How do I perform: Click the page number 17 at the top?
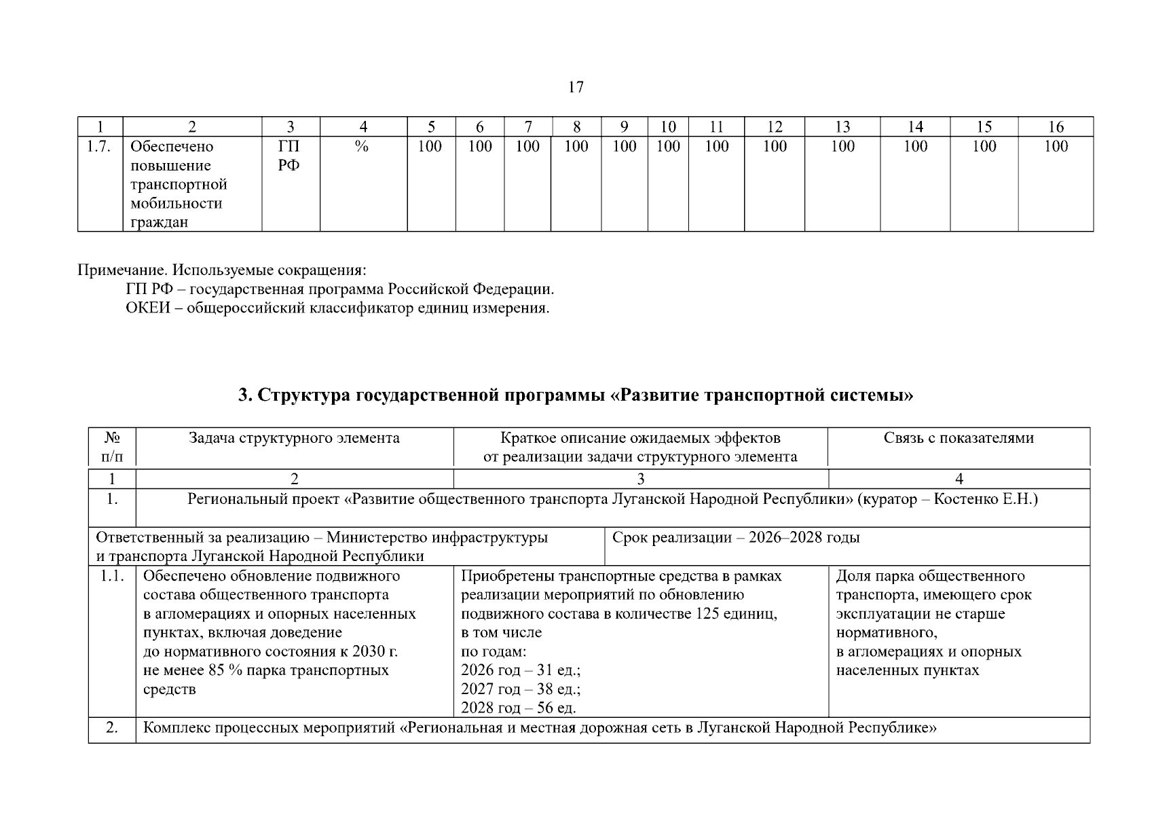[x=575, y=87]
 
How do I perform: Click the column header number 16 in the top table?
[x=1056, y=127]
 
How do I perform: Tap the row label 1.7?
[x=99, y=147]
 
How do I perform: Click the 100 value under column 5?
[x=430, y=147]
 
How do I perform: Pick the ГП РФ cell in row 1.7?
[x=289, y=156]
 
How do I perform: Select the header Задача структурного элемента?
[x=294, y=438]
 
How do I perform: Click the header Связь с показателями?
[x=959, y=438]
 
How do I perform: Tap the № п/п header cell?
[x=112, y=447]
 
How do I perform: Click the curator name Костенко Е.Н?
[x=986, y=500]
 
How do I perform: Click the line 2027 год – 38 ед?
[x=520, y=689]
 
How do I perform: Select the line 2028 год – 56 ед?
[x=518, y=708]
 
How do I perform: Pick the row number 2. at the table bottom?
[x=112, y=728]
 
